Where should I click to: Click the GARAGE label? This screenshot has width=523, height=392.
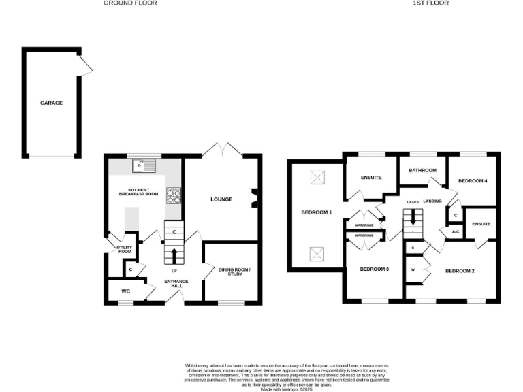pos(51,103)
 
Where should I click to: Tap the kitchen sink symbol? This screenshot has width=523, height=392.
pos(144,165)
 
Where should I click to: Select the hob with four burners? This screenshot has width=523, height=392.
pos(173,195)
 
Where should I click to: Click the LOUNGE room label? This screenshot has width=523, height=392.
pos(221,199)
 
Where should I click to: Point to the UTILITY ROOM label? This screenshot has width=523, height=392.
pos(123,250)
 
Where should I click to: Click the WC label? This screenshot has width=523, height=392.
pos(125,291)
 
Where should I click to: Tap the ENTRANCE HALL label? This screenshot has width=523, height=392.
pos(176,284)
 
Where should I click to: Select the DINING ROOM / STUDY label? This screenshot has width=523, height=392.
pos(234,272)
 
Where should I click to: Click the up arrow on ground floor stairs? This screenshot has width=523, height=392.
pos(174,256)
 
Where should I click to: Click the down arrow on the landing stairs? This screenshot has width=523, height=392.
pos(413,222)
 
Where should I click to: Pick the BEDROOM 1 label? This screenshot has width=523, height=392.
pos(316,212)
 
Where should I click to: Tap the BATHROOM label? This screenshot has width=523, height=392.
pos(422,170)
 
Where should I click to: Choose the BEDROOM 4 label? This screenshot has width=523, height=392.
pos(473,181)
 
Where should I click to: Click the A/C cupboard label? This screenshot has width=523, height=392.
pos(454,232)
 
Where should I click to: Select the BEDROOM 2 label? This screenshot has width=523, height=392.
pos(460,272)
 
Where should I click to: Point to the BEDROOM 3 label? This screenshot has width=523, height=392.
pos(374,269)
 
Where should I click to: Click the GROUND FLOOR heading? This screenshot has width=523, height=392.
pos(130,3)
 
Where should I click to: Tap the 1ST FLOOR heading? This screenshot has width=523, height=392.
pos(430,3)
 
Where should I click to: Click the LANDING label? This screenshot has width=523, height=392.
pos(433,201)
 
